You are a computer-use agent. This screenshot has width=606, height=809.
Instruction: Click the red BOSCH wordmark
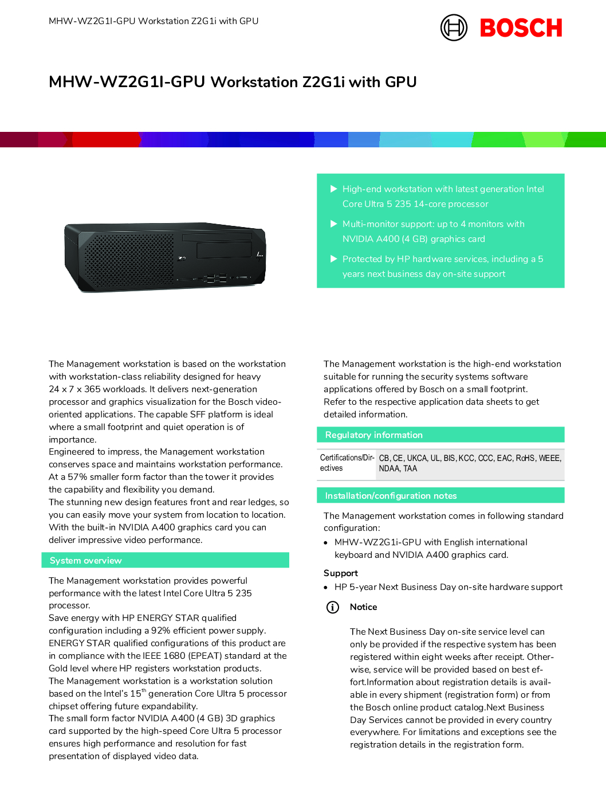521,28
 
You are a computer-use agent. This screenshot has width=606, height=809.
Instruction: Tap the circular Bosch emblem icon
454,28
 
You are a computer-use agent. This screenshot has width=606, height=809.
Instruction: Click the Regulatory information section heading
373,435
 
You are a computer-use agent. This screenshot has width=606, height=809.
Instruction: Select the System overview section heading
85,561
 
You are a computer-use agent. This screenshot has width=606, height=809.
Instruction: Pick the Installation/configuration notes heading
391,496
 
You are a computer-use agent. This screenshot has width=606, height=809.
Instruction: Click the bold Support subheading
340,573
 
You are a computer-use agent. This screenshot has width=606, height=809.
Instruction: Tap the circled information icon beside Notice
332,607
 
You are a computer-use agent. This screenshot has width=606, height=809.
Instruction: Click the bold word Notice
363,607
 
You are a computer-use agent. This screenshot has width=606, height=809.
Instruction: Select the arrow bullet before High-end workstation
334,189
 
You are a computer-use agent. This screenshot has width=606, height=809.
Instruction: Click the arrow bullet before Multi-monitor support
334,224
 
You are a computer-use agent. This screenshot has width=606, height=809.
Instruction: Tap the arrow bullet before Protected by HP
334,259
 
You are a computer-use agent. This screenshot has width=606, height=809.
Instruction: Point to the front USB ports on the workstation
215,279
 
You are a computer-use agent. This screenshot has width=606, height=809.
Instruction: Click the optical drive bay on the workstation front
224,251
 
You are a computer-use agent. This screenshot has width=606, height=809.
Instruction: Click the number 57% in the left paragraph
77,477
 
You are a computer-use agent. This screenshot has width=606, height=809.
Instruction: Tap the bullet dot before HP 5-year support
326,588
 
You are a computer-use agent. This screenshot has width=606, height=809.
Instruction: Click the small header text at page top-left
154,21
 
